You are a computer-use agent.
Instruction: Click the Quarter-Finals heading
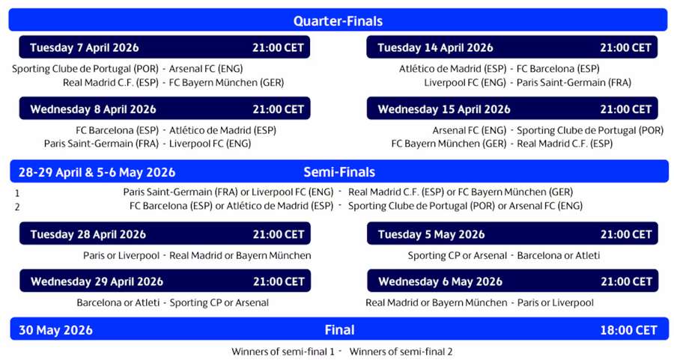(x=337, y=20)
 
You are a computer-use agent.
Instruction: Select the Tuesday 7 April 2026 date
(x=84, y=47)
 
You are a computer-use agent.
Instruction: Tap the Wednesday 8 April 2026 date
(x=93, y=109)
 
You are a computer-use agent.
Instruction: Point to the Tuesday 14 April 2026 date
(x=435, y=47)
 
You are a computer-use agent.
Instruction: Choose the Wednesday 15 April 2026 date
(x=444, y=109)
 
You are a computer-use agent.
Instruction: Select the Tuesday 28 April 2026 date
(x=88, y=234)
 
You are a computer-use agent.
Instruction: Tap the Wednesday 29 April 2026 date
(x=97, y=281)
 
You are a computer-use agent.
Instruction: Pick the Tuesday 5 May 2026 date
(x=431, y=234)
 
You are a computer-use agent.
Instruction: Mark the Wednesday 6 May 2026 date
(x=440, y=281)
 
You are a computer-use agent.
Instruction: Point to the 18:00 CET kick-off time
(x=626, y=330)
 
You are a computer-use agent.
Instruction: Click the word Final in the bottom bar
(x=339, y=330)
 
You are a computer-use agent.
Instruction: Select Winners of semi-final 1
(x=282, y=351)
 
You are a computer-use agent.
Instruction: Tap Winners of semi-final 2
(x=401, y=351)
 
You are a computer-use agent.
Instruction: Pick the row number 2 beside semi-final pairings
(x=17, y=207)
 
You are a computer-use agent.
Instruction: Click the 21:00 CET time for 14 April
(x=625, y=47)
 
